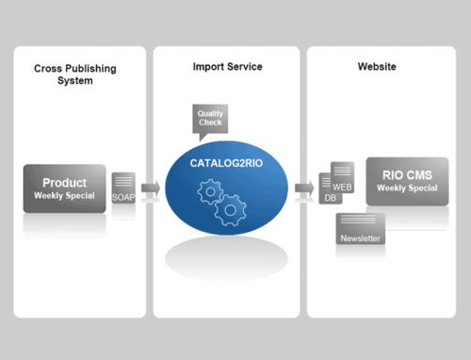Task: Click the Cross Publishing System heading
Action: [79, 74]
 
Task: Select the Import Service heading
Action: [227, 67]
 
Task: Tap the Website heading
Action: [376, 67]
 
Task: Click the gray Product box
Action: [64, 188]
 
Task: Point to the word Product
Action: [64, 182]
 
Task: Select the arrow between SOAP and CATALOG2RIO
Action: [150, 189]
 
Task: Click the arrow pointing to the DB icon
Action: [304, 188]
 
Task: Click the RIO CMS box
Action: [407, 181]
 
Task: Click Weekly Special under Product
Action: [64, 196]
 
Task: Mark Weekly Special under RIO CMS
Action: [407, 188]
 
